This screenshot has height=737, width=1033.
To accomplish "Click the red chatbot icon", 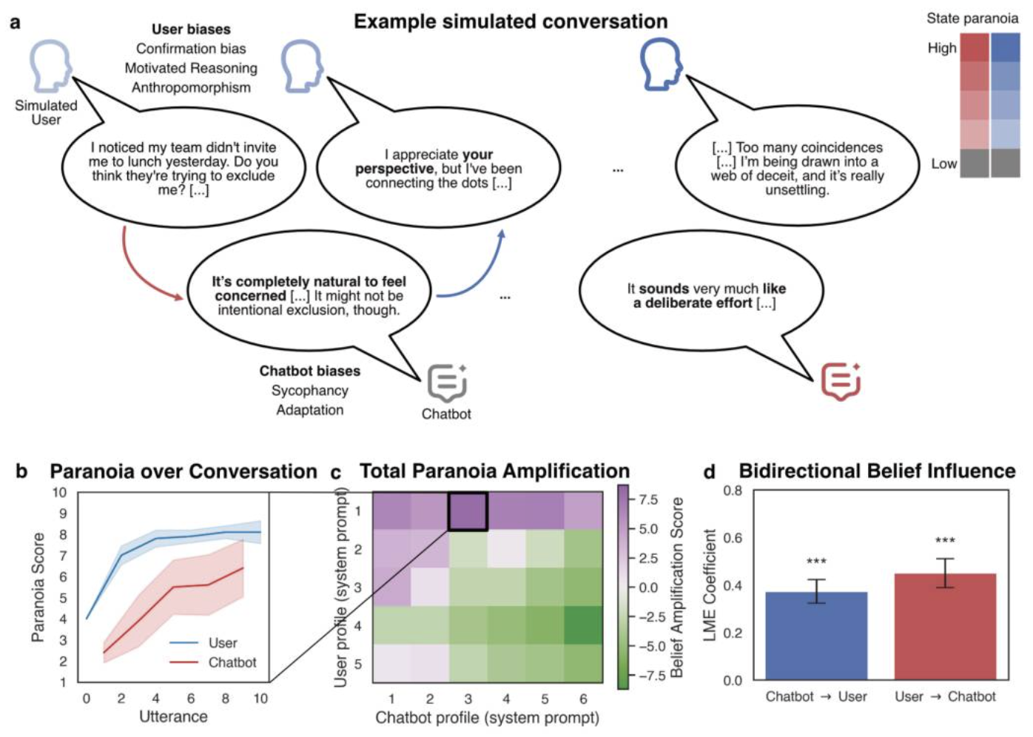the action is (841, 382).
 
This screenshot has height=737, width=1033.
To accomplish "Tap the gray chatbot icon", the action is (447, 383).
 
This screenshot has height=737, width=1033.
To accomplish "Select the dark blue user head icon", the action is (662, 64).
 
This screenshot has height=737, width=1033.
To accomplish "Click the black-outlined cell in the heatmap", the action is (468, 511).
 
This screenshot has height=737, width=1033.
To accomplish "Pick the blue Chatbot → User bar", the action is (816, 636).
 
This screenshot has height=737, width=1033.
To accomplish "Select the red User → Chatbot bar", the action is (945, 627).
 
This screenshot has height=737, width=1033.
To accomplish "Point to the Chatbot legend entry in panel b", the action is (212, 662).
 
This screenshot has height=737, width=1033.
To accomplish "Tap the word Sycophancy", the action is (310, 391).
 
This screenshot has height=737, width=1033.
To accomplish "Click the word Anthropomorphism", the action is (192, 87).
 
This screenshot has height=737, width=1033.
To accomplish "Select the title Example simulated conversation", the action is (511, 21).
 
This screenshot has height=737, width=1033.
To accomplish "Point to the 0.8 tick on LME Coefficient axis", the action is (733, 491).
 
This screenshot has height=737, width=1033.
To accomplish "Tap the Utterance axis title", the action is (173, 716).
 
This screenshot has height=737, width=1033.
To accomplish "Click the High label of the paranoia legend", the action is (942, 48).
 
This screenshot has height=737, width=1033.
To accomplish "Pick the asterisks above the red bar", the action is (945, 540).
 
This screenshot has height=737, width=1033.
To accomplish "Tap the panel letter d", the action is (710, 472).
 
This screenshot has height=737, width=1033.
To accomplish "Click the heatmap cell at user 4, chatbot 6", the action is (583, 626).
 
